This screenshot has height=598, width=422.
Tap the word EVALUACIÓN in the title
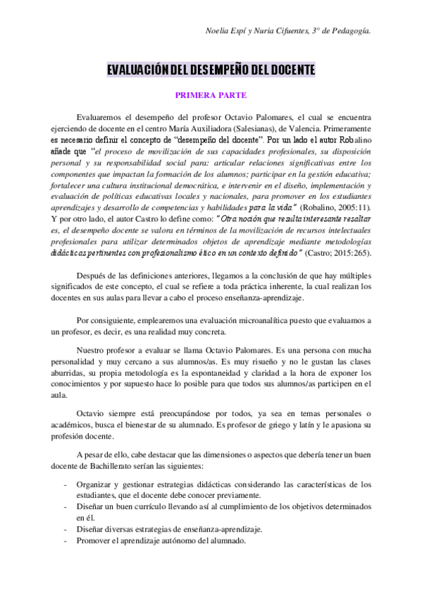tap(132, 71)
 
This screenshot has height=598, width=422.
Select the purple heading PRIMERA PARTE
tap(211, 94)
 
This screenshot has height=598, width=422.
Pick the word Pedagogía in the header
tap(349, 30)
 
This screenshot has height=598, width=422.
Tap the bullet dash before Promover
tap(66, 541)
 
